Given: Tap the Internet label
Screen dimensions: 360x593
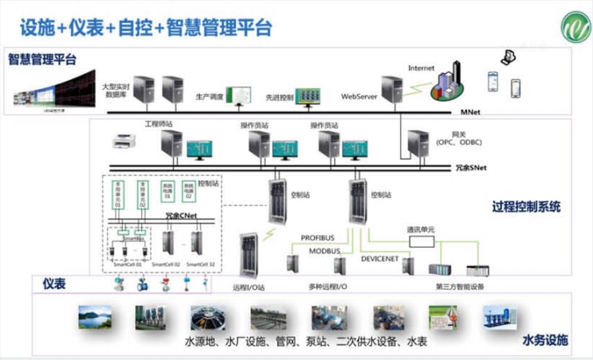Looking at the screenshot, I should (422, 68).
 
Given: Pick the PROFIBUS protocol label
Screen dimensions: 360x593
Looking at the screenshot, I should (320, 237).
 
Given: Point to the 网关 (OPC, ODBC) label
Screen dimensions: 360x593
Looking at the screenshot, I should (455, 139).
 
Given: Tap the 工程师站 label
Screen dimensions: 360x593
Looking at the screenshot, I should (158, 125).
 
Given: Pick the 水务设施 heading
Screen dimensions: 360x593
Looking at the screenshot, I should (545, 341).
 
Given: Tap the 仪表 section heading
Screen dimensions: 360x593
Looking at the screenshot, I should (53, 284).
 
